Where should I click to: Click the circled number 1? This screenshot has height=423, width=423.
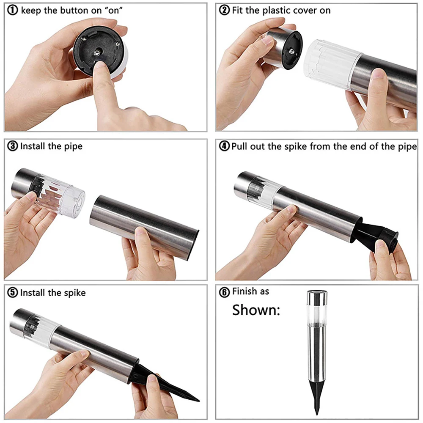13,11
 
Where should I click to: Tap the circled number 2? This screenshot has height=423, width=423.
224,11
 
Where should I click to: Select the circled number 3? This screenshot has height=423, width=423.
13,146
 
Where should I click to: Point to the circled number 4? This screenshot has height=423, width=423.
224,146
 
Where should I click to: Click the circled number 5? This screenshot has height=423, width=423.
13,293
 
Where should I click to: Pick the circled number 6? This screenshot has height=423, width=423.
224,292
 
